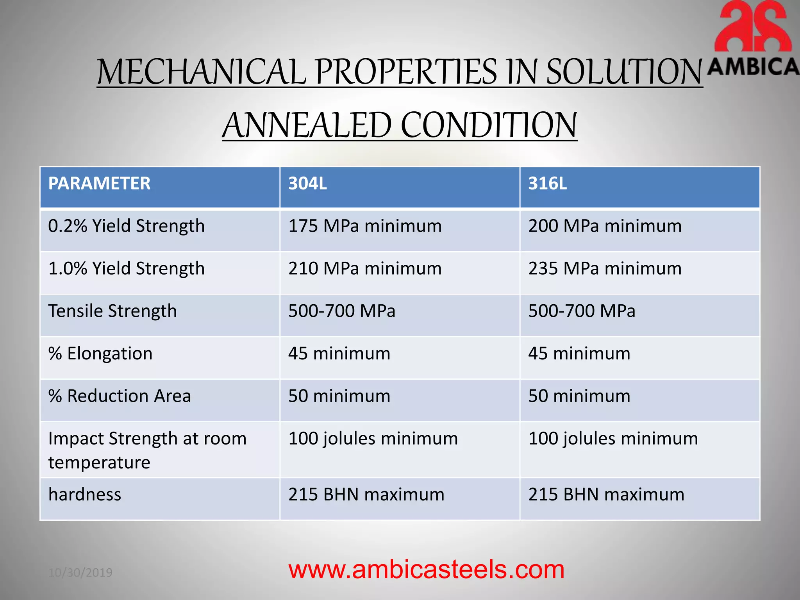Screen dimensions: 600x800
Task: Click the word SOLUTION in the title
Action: pos(624,72)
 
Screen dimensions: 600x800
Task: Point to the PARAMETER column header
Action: pos(99,184)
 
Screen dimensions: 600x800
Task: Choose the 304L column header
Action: pos(307,184)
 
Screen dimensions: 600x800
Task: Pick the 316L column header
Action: pos(547,184)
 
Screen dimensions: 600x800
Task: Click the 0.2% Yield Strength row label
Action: pos(126,226)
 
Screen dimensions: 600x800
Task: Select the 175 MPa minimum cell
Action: pos(365,226)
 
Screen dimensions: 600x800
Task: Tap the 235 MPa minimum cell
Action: pos(605,269)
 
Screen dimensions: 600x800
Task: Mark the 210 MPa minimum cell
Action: pos(365,269)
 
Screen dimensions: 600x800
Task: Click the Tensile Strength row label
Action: pos(112,311)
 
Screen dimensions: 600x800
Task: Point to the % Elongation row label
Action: pos(100,354)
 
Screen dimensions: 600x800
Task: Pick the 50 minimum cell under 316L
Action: pos(579,396)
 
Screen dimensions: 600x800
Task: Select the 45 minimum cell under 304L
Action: pos(339,354)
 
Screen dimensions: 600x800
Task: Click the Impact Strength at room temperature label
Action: pos(147,450)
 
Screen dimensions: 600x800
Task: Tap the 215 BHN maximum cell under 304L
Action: pos(366,495)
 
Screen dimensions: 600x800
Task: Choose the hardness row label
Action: pos(85,495)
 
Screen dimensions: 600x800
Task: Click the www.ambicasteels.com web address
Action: pos(426,570)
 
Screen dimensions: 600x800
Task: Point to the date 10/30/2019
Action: pos(80,573)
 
